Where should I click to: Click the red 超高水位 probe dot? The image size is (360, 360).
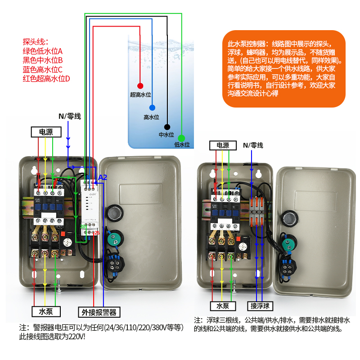[x=140, y=85]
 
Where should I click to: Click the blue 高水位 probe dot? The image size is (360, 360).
[x=152, y=108]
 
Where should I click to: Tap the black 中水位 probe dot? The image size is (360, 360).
[x=167, y=127]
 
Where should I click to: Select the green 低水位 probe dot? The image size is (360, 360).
[x=181, y=138]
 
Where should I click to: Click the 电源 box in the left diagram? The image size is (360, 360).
[x=46, y=132]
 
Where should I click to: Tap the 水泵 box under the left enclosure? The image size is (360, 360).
[x=46, y=311]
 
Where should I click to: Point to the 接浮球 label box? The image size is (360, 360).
[x=260, y=306]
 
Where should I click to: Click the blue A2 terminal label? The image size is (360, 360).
[x=102, y=177]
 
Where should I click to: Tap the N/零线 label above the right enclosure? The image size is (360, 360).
[x=253, y=145]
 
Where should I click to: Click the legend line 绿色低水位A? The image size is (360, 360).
[x=43, y=51]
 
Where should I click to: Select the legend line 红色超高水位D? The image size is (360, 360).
[x=46, y=78]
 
